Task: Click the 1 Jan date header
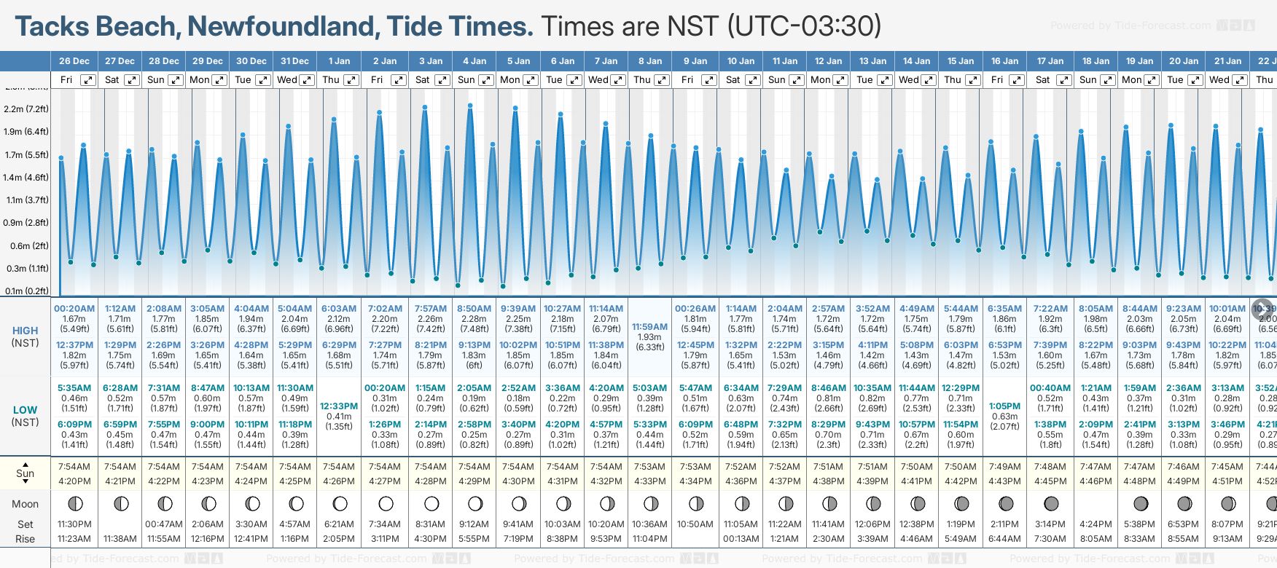[339, 61]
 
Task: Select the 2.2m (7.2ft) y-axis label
[26, 109]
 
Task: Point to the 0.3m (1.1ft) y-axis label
[26, 269]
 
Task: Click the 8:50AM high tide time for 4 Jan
[474, 309]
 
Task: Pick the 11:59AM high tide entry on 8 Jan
[649, 327]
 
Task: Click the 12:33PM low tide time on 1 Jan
[339, 406]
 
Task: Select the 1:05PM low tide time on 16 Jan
[1004, 406]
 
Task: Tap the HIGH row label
[26, 331]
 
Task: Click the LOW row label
[26, 410]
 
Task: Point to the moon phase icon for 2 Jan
[386, 503]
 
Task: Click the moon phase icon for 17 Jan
[1051, 503]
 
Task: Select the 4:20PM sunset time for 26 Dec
[74, 481]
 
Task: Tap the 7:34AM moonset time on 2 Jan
[385, 524]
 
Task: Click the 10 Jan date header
[741, 61]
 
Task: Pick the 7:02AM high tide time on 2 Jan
[385, 309]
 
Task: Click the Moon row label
[26, 504]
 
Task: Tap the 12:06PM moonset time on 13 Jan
[872, 524]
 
